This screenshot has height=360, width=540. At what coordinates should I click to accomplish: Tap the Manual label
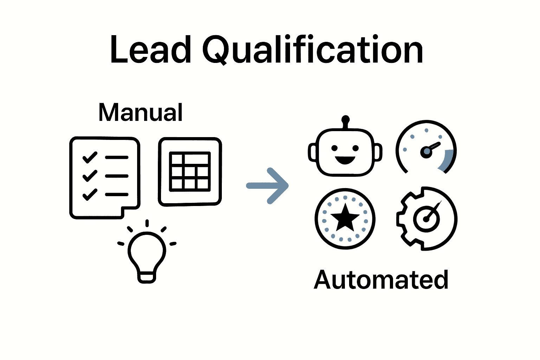[140, 112]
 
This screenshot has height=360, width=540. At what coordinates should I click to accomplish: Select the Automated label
[381, 280]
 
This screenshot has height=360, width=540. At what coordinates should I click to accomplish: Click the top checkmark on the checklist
[90, 157]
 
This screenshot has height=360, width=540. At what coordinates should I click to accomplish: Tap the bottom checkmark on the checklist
[90, 194]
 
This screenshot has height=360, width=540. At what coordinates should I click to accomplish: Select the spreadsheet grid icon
[190, 172]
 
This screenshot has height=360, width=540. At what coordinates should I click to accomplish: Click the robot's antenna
[346, 122]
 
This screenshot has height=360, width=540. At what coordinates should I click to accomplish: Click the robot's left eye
[334, 148]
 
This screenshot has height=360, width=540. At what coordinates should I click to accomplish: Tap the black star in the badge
[345, 218]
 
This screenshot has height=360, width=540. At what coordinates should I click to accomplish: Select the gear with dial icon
[426, 218]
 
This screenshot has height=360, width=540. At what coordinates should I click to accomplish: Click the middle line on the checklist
[117, 176]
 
